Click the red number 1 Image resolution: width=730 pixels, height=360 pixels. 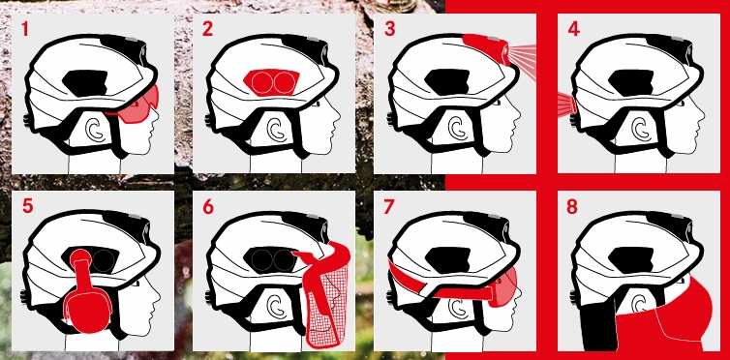click(24, 29)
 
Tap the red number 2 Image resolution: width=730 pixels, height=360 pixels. click(207, 29)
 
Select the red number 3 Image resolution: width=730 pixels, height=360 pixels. click(389, 29)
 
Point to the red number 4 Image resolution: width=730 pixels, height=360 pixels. click(573, 29)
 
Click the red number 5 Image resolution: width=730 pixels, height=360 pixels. click(28, 206)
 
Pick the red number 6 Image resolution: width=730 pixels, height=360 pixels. click(207, 206)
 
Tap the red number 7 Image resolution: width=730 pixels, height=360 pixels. click(389, 206)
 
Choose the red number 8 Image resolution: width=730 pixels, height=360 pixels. click(572, 206)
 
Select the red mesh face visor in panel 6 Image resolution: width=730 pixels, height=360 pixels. click(328, 298)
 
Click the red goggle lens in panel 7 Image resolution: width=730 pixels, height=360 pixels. click(506, 286)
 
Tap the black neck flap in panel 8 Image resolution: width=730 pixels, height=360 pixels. click(598, 325)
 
